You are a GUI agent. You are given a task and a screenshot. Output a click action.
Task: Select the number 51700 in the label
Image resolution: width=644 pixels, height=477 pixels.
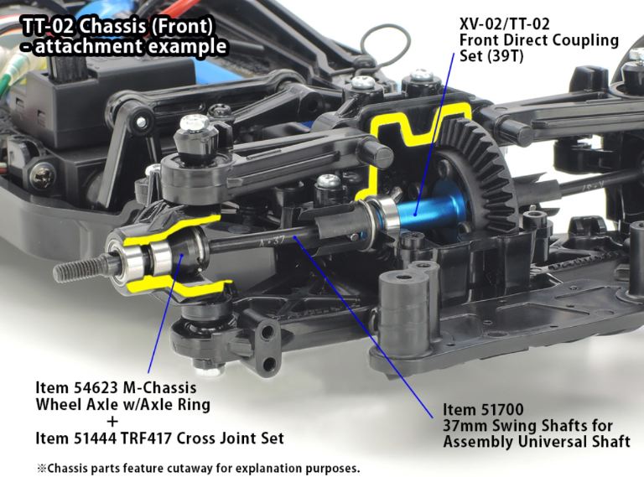tap(501, 409)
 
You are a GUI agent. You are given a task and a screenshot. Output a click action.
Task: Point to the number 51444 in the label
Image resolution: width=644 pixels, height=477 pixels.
tap(96, 438)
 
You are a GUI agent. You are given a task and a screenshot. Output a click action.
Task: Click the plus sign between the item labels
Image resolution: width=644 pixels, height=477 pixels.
tap(112, 422)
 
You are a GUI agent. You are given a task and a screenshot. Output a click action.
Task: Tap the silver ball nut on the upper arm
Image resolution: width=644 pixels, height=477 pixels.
tap(195, 123)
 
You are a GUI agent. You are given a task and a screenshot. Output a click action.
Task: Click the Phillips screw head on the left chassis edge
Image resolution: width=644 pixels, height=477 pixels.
tap(43, 176)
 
